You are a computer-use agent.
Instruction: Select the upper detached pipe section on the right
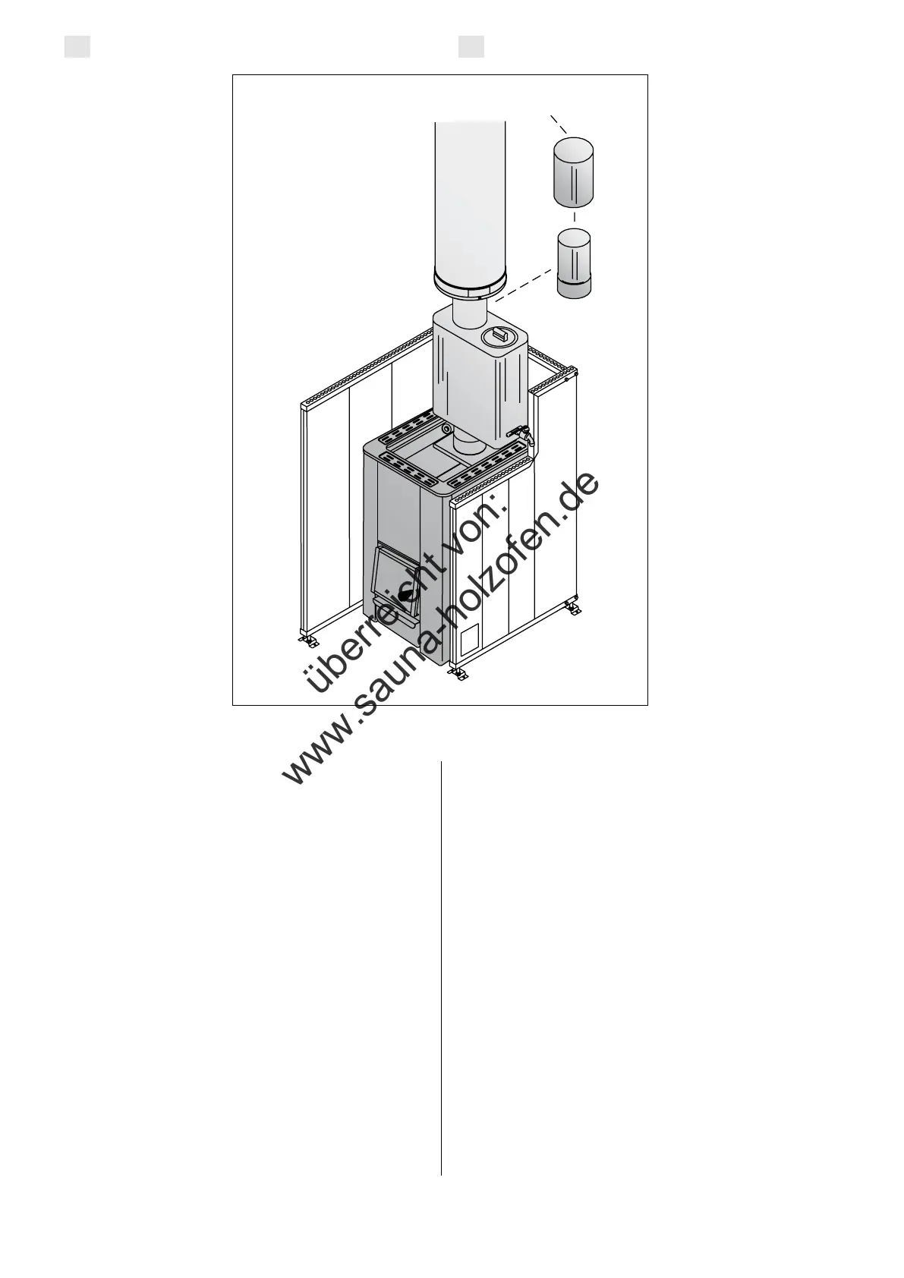pyautogui.click(x=574, y=172)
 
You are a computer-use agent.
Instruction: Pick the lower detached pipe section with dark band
pyautogui.click(x=575, y=263)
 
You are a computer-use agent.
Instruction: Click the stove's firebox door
pyautogui.click(x=395, y=581)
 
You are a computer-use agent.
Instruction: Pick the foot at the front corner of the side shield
pyautogui.click(x=457, y=672)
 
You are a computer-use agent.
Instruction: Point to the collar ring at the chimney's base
pyautogui.click(x=469, y=288)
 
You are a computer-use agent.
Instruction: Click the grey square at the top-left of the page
pyautogui.click(x=77, y=47)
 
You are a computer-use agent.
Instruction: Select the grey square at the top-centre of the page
pyautogui.click(x=471, y=47)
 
